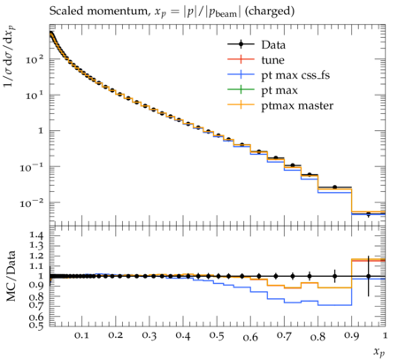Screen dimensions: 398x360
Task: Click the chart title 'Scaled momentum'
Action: pyautogui.click(x=98, y=11)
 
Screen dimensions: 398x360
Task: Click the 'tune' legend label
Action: pyautogui.click(x=272, y=60)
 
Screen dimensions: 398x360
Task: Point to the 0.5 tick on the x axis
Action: pyautogui.click(x=217, y=335)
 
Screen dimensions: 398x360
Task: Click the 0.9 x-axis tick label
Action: pyautogui.click(x=352, y=335)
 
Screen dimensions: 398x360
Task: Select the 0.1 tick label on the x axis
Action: pyautogui.click(x=81, y=335)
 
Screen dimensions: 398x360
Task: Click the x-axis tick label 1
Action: pyautogui.click(x=385, y=335)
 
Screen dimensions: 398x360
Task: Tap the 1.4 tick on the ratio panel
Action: pyautogui.click(x=36, y=235)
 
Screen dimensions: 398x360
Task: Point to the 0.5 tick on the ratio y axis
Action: pyautogui.click(x=36, y=326)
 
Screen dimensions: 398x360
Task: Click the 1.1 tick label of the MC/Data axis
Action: pyautogui.click(x=36, y=266)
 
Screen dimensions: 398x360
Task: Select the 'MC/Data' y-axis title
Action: pyautogui.click(x=11, y=276)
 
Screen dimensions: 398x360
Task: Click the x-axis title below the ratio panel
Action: pyautogui.click(x=379, y=352)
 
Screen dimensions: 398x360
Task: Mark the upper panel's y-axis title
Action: pyautogui.click(x=10, y=56)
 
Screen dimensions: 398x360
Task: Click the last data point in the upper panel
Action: pyautogui.click(x=368, y=214)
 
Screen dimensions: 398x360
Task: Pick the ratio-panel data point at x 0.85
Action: pyautogui.click(x=334, y=276)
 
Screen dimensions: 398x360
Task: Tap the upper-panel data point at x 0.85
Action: pyautogui.click(x=334, y=187)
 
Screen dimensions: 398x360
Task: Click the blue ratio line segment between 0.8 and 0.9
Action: pyautogui.click(x=335, y=305)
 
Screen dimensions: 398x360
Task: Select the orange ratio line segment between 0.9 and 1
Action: pyautogui.click(x=369, y=259)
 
